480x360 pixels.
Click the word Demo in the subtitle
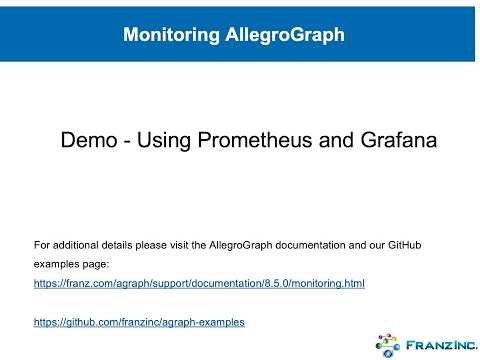click(88, 141)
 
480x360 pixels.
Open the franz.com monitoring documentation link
click(199, 284)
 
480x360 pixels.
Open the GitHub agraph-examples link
click(139, 323)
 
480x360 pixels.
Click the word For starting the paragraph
click(41, 243)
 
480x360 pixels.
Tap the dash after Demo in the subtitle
click(126, 142)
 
